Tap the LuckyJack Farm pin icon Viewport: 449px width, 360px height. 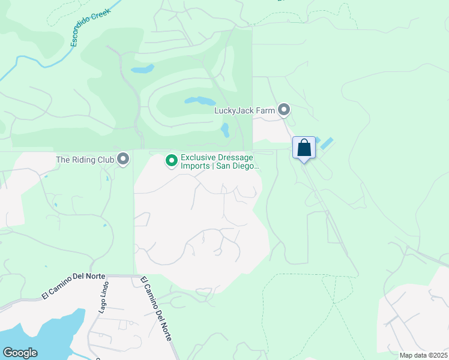point(284,110)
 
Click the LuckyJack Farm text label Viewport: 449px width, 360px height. point(244,110)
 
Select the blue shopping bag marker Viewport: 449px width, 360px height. point(304,148)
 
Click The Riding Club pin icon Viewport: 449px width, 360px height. point(124,159)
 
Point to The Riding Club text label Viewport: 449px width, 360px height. point(85,160)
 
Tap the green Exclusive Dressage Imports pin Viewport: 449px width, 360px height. point(171,160)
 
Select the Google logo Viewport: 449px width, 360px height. point(20,353)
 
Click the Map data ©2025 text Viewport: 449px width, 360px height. point(423,355)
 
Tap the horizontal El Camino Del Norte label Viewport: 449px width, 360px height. point(74,286)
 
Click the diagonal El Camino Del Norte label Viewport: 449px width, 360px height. point(156,308)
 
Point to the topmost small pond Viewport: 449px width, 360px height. point(143,69)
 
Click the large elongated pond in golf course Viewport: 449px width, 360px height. point(199,100)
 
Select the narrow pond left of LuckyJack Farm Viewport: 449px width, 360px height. point(225,130)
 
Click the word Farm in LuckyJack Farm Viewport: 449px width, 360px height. point(267,110)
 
